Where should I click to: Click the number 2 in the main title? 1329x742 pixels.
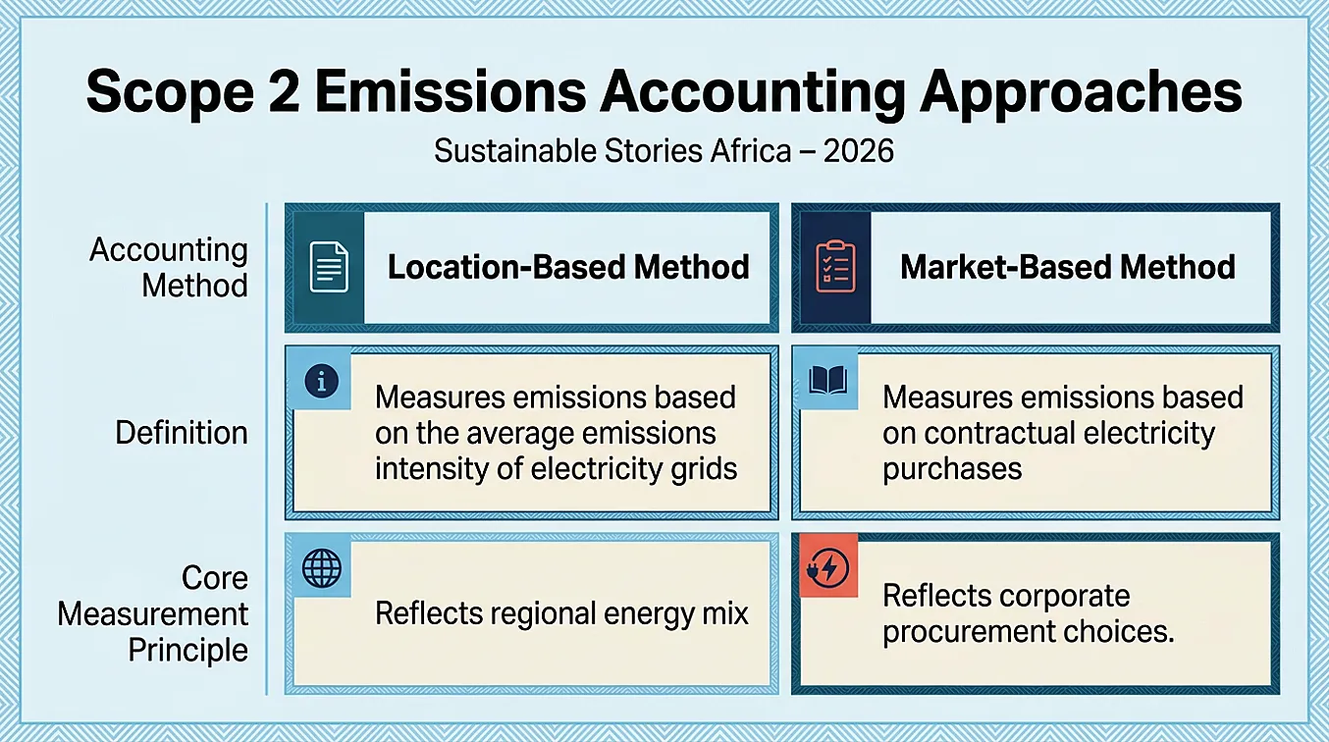284,92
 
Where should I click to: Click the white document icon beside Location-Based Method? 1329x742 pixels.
329,267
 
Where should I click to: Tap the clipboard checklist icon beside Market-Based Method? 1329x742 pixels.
835,266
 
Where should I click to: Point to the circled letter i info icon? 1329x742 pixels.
322,381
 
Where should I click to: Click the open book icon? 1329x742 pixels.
827,380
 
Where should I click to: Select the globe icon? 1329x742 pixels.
322,567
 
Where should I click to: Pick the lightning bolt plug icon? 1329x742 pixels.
827,567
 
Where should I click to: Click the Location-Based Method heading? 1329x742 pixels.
568,267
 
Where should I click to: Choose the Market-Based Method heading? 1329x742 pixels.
1068,267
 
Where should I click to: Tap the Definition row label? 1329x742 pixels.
182,433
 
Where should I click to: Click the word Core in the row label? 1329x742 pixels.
215,578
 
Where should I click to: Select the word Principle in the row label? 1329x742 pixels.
188,650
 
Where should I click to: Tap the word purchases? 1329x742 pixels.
952,469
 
